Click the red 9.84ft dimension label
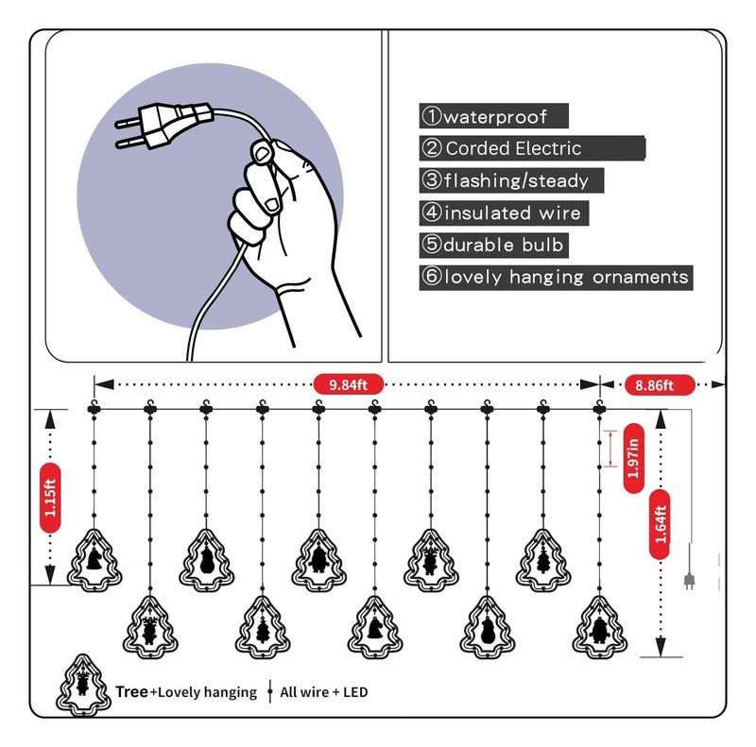[348, 384]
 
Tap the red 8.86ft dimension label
[659, 384]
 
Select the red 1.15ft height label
[50, 498]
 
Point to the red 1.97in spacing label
[633, 458]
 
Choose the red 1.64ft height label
[660, 524]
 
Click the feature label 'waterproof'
[493, 116]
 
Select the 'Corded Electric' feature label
[532, 148]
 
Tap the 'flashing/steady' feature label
[511, 180]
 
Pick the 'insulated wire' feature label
[504, 212]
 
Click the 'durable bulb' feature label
[493, 245]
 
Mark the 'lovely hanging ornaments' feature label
[556, 277]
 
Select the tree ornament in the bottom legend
[83, 685]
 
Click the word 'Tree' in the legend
[131, 691]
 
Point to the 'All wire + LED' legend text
[323, 692]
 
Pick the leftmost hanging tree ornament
[94, 561]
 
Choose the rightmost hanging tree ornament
[599, 627]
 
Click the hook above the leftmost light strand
[94, 404]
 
